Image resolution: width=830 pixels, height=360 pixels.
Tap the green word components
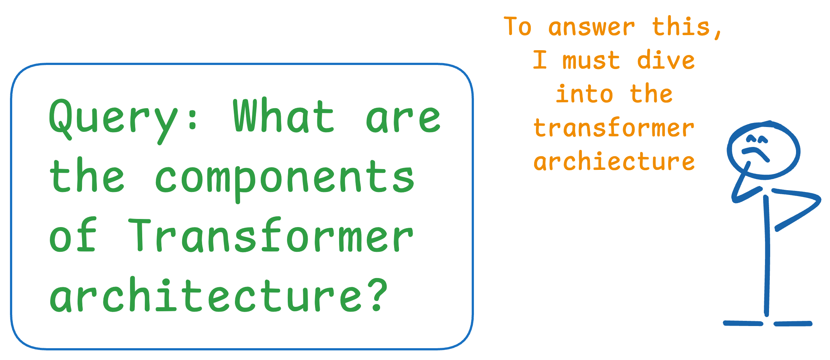click(284, 179)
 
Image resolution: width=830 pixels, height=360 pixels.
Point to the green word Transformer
click(271, 235)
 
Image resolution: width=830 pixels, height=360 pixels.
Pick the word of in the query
click(73, 235)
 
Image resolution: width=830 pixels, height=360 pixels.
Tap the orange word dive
click(666, 60)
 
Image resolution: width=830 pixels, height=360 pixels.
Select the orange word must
click(591, 61)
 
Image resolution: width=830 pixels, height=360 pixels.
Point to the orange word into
click(584, 94)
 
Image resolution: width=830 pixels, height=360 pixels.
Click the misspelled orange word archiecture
click(614, 161)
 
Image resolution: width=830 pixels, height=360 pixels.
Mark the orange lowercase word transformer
click(614, 128)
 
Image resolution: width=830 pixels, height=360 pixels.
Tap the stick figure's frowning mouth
click(756, 154)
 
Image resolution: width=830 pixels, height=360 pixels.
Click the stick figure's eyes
click(757, 139)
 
